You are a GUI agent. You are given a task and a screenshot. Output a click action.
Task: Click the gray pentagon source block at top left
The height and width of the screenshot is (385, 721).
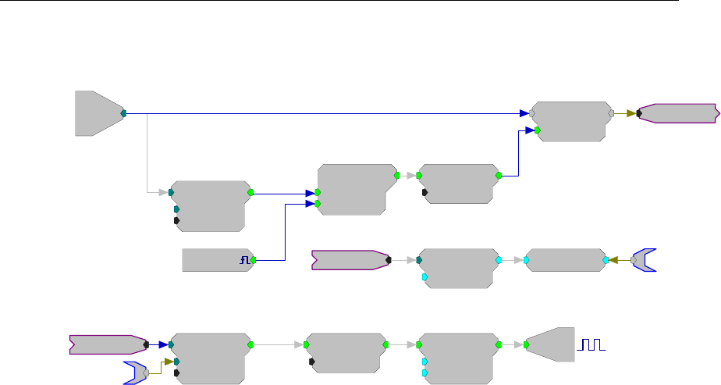[97, 113]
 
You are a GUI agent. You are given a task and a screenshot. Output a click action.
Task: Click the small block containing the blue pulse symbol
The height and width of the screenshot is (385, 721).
[215, 260]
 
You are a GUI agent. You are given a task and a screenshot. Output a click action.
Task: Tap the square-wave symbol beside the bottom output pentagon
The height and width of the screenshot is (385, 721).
[591, 344]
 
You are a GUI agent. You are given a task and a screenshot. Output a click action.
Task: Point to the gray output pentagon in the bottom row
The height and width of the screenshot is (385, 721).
[551, 344]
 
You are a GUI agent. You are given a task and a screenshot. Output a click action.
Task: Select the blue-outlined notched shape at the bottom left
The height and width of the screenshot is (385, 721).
[135, 373]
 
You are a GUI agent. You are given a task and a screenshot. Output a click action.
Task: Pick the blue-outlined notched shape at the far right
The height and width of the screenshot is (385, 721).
[645, 260]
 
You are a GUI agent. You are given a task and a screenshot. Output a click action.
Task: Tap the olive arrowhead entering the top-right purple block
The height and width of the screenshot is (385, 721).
[630, 113]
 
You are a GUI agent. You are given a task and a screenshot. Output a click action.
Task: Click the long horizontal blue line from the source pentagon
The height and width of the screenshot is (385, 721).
[328, 113]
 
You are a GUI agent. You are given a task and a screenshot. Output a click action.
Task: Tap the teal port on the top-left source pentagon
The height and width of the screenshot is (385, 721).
[124, 113]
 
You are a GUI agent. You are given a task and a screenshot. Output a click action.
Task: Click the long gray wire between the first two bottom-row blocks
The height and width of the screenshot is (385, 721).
[277, 344]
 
